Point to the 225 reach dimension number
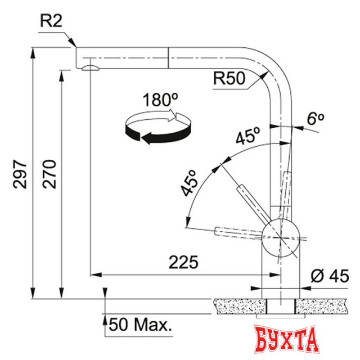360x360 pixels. tap(183, 263)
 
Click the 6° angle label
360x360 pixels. tap(316, 119)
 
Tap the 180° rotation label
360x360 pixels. tap(156, 101)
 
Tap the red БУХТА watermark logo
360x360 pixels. tap(287, 340)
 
